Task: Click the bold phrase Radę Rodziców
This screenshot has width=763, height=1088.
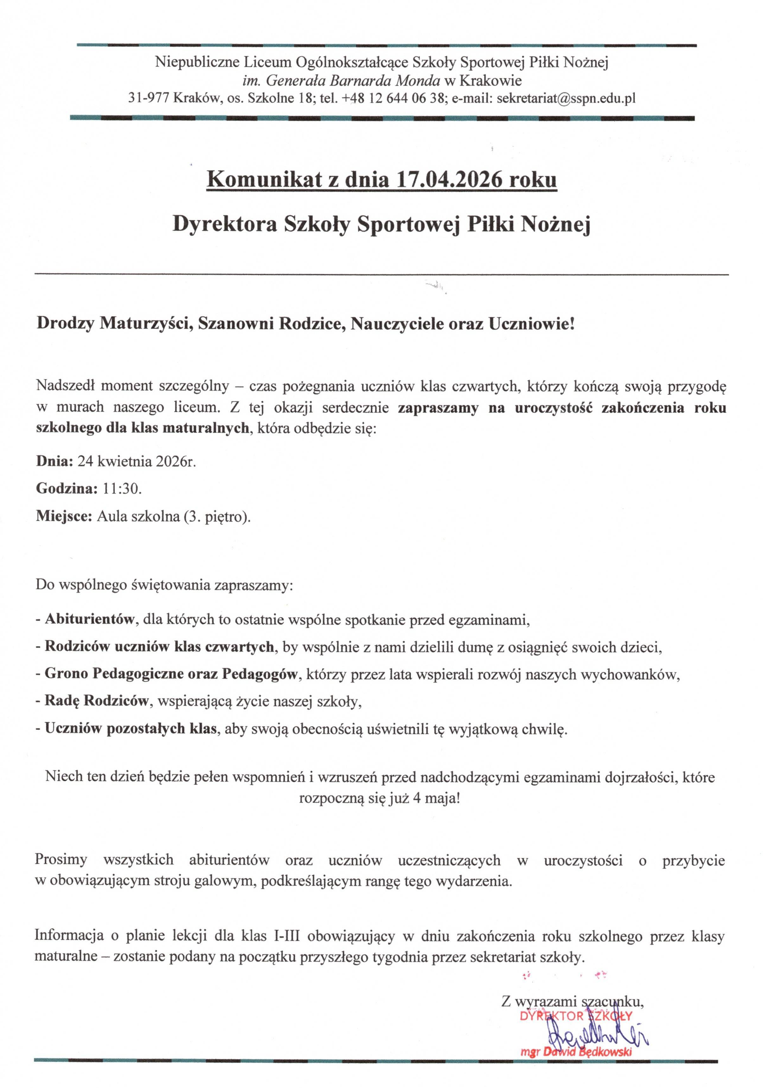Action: pos(96,701)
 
